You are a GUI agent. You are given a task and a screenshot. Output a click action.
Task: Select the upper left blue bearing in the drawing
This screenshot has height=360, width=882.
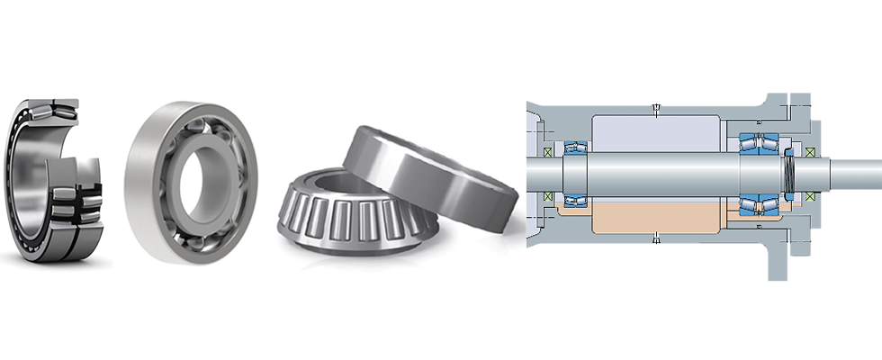click(573, 146)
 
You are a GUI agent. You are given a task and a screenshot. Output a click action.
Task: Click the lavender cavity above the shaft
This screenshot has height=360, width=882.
click(657, 135)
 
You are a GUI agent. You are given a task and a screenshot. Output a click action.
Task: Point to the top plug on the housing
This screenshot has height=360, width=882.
click(657, 111)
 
